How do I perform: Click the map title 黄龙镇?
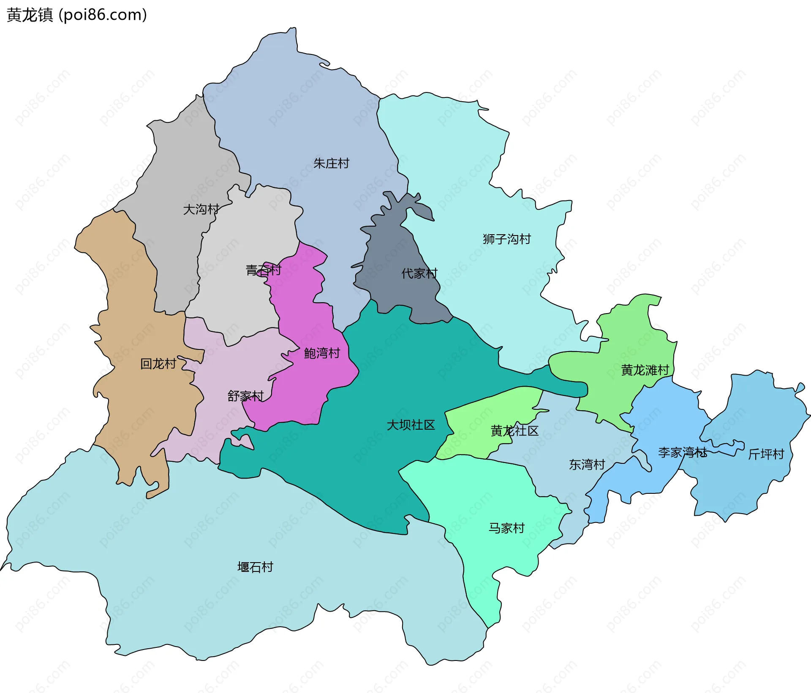point(30,15)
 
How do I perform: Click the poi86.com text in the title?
point(103,15)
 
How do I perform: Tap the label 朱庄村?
point(331,163)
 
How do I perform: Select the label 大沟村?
point(201,209)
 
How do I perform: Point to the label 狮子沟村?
point(506,239)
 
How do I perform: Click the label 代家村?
point(419,273)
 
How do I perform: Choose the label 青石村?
point(263,270)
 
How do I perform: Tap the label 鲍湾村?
point(322,353)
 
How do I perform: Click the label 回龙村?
point(158,364)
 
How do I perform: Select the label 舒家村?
point(245,396)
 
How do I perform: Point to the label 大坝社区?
point(411,425)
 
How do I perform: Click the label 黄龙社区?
point(514,431)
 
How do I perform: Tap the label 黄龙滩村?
point(645,371)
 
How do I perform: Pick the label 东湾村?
point(587,465)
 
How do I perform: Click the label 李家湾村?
point(682,453)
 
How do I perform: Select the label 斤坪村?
point(766,455)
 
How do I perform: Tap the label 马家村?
point(506,528)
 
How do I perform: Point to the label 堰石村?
point(255,567)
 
